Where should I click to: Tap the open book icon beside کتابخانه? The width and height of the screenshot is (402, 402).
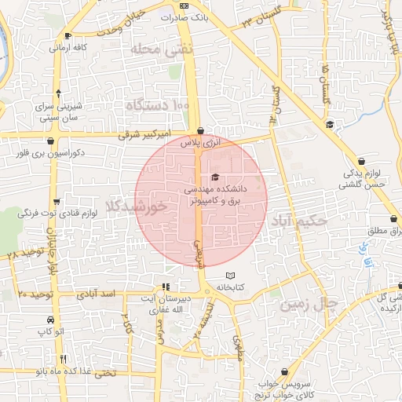click(230, 276)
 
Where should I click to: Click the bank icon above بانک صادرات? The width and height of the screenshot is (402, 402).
click(185, 6)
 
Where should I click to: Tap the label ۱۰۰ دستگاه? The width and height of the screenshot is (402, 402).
click(157, 104)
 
